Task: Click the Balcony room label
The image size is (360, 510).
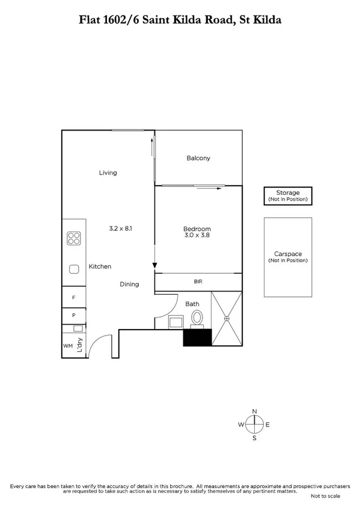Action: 198,158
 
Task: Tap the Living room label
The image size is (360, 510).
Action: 108,173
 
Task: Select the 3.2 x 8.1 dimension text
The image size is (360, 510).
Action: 121,229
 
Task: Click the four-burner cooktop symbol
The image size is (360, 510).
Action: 74,239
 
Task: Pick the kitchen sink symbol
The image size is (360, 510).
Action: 75,270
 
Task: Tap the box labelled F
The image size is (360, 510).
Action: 74,298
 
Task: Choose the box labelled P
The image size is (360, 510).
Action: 74,315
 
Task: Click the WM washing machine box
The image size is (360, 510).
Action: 68,346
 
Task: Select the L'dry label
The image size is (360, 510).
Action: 79,347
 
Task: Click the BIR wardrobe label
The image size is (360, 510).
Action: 198,281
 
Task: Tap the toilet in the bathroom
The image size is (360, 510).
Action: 195,317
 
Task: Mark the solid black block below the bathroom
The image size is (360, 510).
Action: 198,337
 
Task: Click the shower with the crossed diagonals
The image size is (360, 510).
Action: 227,319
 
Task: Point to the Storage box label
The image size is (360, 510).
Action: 288,192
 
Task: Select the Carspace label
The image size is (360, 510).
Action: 288,254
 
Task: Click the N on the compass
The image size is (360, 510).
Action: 254,411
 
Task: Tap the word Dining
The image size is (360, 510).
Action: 129,284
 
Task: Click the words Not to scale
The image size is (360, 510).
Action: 325,497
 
